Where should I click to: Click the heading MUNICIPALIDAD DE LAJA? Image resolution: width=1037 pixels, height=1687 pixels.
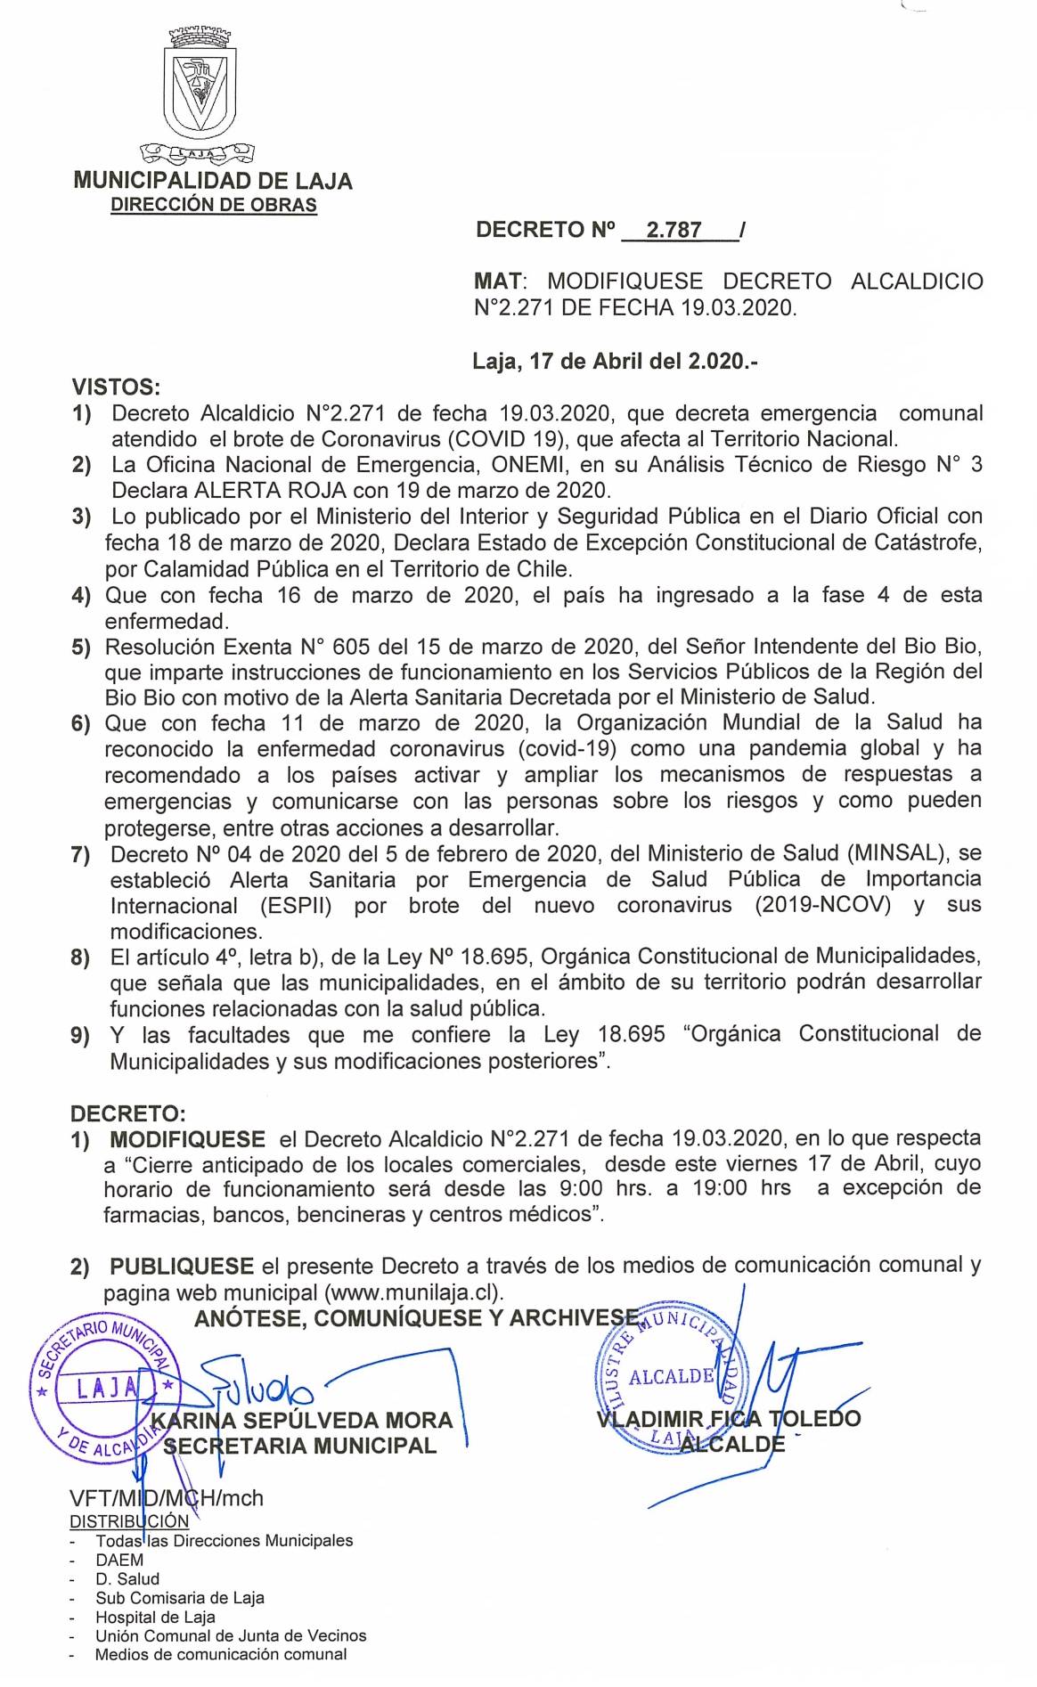pos(213,182)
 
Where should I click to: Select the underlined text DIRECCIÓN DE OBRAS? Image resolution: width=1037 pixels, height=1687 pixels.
pos(213,206)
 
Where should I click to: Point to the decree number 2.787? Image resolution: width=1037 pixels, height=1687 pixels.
pos(674,231)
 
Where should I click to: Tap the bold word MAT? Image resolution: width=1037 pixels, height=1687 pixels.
pos(497,282)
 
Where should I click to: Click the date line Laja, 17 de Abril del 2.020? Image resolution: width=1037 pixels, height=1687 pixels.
pos(615,362)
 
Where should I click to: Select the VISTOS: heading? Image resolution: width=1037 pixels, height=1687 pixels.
pos(116,387)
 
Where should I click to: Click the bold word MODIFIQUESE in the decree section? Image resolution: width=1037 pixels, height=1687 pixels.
pos(187,1139)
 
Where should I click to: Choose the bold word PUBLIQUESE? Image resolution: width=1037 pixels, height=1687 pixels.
pos(182,1266)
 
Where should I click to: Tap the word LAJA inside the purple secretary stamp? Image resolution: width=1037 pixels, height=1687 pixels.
pos(105,1387)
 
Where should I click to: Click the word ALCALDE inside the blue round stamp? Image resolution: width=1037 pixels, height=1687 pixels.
pos(671,1376)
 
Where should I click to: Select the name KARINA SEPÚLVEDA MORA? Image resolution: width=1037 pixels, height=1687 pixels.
pos(302,1421)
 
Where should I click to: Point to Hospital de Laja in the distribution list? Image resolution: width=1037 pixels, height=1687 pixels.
pos(156,1617)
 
